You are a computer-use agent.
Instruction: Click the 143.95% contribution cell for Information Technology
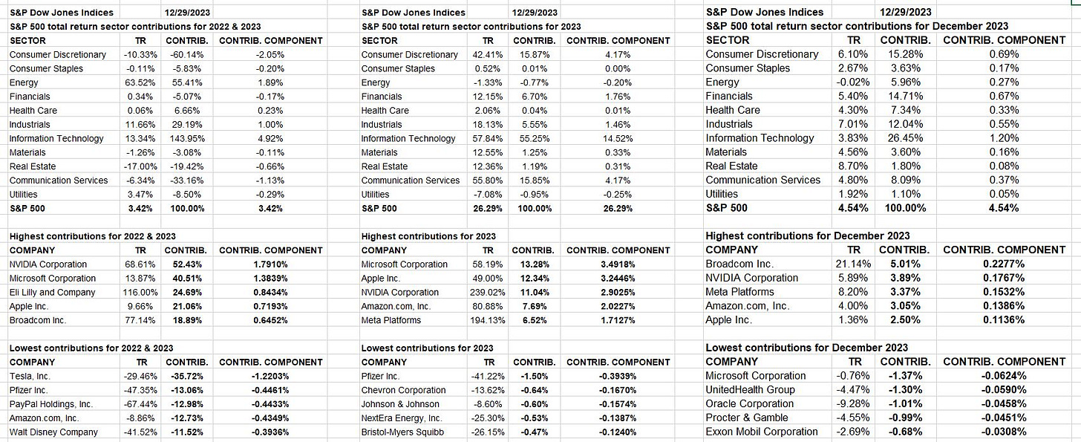187,139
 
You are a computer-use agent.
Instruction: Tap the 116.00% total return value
140,292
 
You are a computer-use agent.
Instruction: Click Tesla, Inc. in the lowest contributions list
30,377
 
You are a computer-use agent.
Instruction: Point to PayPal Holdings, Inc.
50,404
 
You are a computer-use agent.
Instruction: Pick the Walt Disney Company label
53,432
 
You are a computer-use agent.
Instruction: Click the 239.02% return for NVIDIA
487,292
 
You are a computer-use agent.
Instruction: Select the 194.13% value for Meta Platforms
487,320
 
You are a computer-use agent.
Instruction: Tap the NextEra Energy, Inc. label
402,418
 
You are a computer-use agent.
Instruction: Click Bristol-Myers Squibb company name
402,432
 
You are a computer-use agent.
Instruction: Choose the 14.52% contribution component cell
618,139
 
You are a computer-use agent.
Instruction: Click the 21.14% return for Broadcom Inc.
853,264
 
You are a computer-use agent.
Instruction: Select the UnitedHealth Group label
750,390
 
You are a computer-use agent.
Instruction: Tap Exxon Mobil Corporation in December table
762,432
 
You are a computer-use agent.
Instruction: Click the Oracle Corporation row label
749,404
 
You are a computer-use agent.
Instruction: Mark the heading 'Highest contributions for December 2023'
807,236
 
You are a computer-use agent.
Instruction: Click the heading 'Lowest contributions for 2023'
427,348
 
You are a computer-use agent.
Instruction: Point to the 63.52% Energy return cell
140,82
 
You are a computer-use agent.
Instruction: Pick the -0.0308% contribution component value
1004,432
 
